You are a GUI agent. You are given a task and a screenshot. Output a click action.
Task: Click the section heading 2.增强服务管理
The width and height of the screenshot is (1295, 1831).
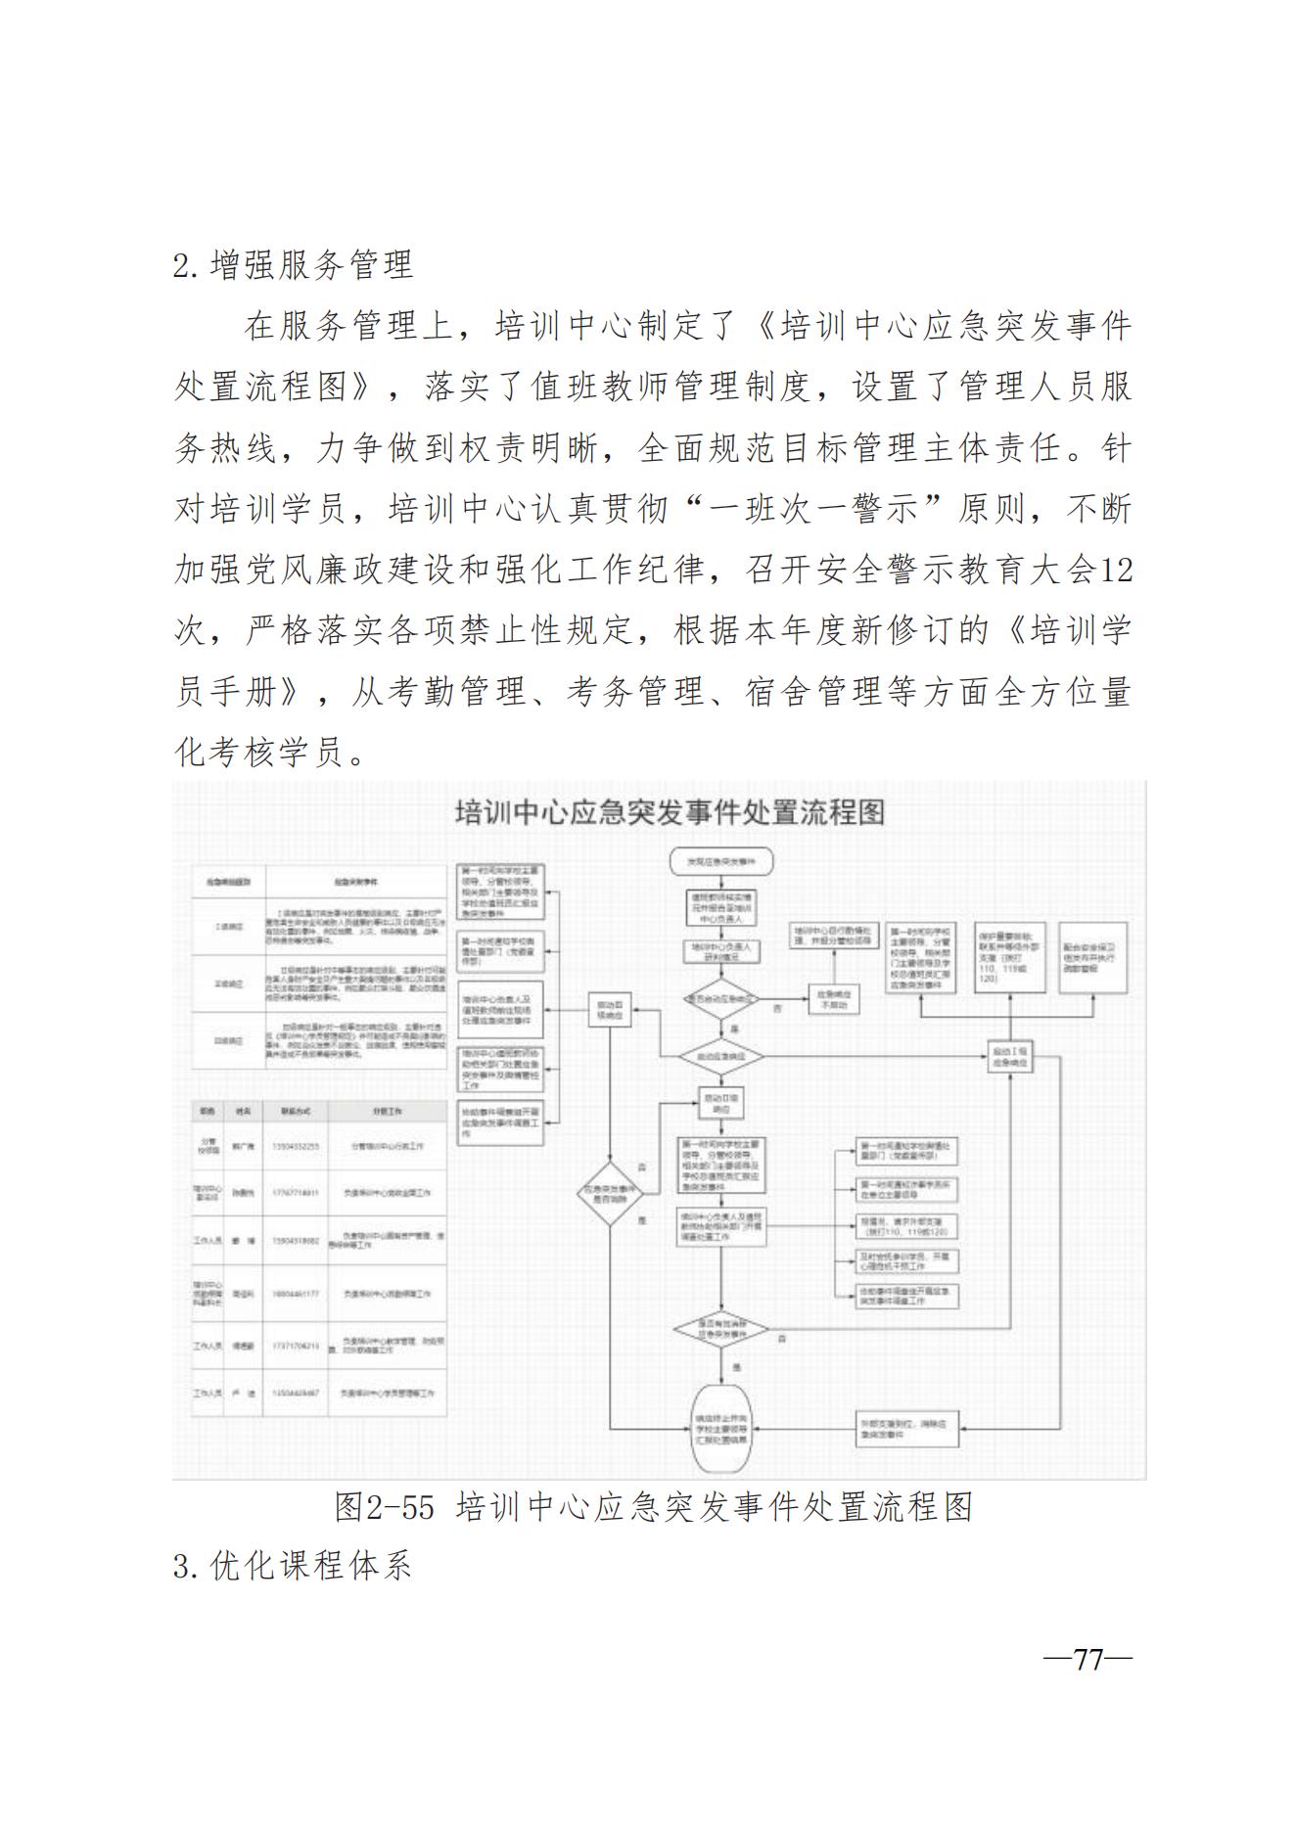293,265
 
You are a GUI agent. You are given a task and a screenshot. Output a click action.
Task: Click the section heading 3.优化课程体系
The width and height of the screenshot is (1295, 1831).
293,1566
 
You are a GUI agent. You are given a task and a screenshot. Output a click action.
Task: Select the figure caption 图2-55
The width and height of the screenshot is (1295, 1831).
384,1507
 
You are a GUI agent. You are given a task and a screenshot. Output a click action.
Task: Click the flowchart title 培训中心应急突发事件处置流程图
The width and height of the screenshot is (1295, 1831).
671,813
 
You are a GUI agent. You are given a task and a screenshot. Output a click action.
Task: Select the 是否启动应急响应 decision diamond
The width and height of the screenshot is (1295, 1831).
721,1000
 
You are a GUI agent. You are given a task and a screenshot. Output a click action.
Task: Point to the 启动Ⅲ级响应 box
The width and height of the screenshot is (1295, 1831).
610,1011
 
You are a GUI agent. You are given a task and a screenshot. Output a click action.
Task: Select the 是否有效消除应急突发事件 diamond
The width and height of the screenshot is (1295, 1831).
721,1329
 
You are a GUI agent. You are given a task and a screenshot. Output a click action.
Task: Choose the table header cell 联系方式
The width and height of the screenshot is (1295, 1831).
295,1113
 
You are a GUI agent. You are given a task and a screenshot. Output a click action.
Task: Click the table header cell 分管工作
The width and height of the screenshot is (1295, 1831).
388,1113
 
